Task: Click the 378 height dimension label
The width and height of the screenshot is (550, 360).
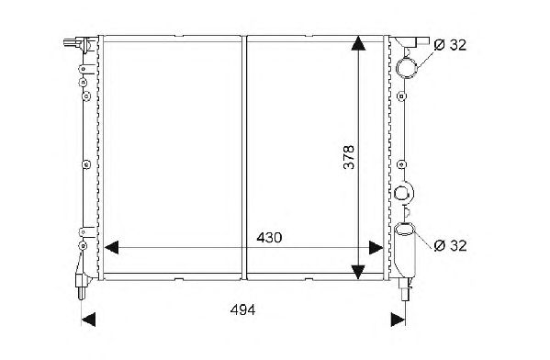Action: (x=349, y=157)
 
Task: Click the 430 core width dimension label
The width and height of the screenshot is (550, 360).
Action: (x=269, y=238)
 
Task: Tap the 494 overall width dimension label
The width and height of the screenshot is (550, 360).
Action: (x=242, y=309)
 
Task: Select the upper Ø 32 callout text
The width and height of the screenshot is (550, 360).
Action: (x=450, y=45)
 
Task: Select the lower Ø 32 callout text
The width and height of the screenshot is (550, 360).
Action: (x=450, y=245)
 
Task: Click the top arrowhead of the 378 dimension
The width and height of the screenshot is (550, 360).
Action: (x=358, y=43)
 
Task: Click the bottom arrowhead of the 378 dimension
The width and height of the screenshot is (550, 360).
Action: (x=358, y=272)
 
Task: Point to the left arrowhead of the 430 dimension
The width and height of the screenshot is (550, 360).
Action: (x=112, y=248)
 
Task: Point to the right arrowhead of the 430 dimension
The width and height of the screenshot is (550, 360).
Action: (x=376, y=248)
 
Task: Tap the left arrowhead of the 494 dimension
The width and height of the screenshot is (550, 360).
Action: (x=88, y=320)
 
